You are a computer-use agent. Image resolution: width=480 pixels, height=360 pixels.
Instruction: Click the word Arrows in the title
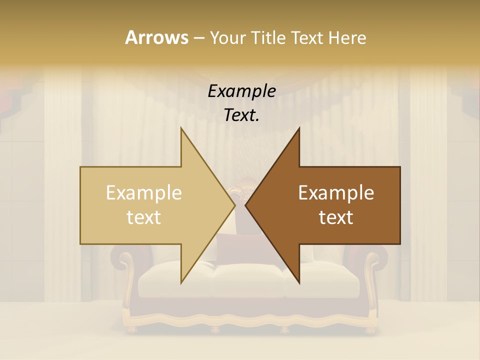pos(156,37)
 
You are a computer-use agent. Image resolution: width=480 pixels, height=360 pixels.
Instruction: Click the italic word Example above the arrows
pos(241,91)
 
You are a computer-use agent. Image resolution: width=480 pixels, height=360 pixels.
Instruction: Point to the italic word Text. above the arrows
pos(241,115)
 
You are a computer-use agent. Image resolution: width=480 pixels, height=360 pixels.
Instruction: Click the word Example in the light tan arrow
pos(144,193)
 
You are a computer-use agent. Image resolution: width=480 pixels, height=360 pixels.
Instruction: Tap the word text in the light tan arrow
pos(144,217)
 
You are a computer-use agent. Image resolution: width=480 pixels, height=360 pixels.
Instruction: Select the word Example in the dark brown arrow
pos(336,193)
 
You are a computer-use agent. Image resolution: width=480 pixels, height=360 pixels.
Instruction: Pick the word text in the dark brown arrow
pos(336,217)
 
